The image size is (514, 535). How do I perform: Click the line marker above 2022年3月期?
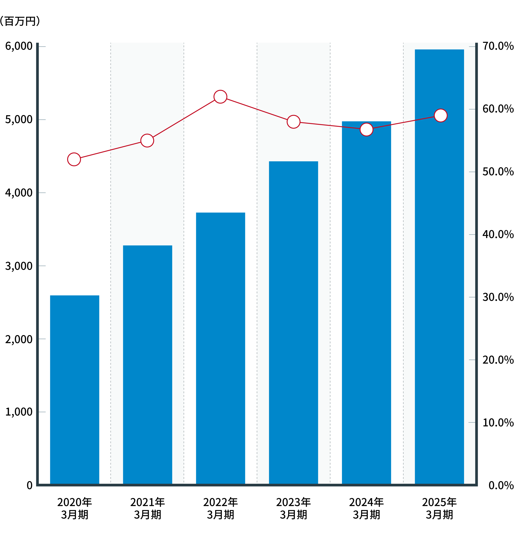coord(220,97)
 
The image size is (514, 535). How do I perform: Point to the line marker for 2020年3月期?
coord(74,159)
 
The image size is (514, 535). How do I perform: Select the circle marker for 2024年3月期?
coord(366,129)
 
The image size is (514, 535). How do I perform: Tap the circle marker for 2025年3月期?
coord(441,115)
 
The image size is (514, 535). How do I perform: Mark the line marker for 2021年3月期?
coord(147,141)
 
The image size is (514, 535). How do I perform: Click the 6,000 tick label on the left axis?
coord(19,47)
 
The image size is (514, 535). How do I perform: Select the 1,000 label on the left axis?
coord(19,412)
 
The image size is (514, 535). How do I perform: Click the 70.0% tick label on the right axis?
coord(498,47)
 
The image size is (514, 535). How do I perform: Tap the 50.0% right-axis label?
coord(498,172)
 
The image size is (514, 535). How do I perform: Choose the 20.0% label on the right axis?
coord(498,360)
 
